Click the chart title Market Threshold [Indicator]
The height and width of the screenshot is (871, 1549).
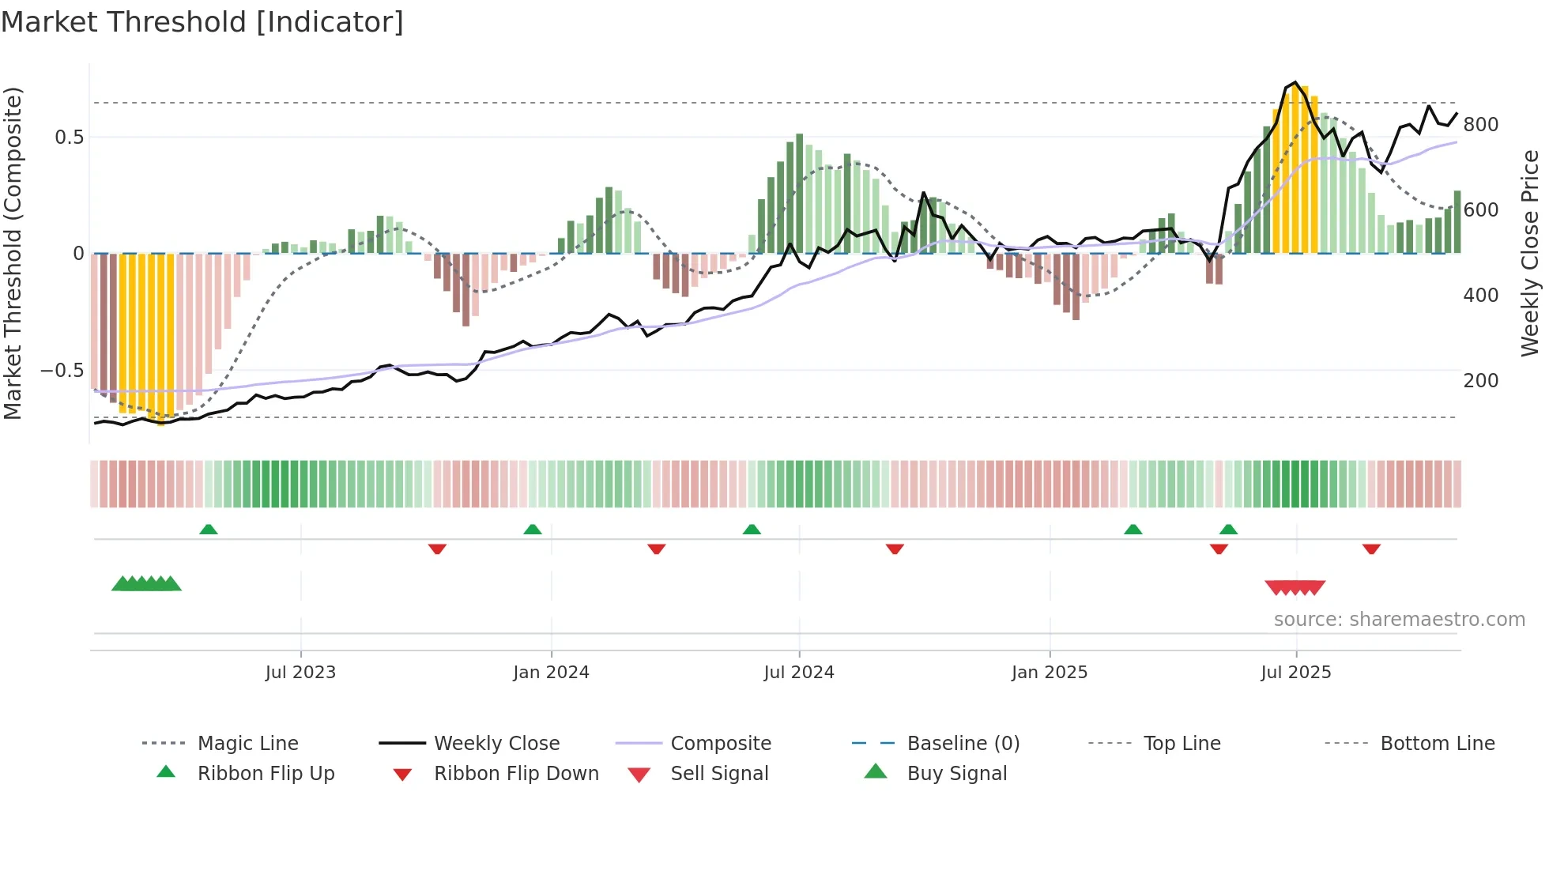pyautogui.click(x=202, y=22)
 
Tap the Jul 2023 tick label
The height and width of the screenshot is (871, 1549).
pyautogui.click(x=300, y=673)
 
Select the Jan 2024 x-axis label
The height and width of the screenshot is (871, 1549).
pyautogui.click(x=551, y=673)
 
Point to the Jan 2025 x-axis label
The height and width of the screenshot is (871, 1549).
pyautogui.click(x=1050, y=673)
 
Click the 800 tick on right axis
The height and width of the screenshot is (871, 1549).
pyautogui.click(x=1480, y=125)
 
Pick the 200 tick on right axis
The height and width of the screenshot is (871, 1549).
pyautogui.click(x=1480, y=381)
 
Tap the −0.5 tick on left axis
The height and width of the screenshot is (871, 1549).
pyautogui.click(x=62, y=371)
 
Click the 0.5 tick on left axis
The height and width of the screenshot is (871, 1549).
pyautogui.click(x=69, y=138)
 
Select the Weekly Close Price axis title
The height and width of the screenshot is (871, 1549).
pyautogui.click(x=1530, y=253)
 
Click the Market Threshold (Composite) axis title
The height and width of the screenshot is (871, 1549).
pyautogui.click(x=13, y=253)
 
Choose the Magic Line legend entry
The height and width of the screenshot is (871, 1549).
pyautogui.click(x=247, y=744)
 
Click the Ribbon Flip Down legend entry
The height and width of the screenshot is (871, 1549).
pyautogui.click(x=516, y=774)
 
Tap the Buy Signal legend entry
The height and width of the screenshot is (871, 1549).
pyautogui.click(x=956, y=774)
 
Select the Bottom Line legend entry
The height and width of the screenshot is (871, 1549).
pyautogui.click(x=1437, y=744)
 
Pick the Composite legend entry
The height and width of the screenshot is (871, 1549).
pyautogui.click(x=720, y=744)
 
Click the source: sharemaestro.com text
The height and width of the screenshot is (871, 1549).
pyautogui.click(x=1399, y=620)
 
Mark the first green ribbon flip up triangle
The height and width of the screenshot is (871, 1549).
pyautogui.click(x=209, y=530)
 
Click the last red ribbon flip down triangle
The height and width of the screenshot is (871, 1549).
pyautogui.click(x=1371, y=549)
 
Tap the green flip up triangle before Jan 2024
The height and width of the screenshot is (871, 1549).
pyautogui.click(x=533, y=530)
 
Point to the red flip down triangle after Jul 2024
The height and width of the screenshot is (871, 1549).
pyautogui.click(x=895, y=549)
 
